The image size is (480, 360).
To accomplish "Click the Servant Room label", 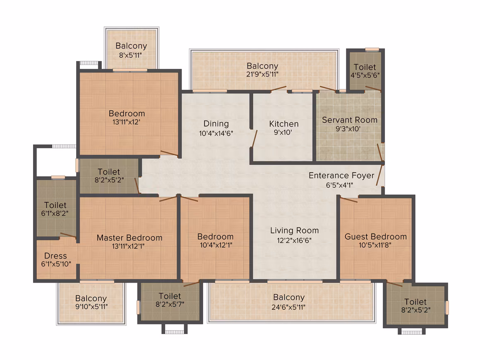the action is [350, 120].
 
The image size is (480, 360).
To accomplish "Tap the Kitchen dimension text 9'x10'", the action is [283, 132].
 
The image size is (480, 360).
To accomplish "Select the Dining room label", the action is [216, 124].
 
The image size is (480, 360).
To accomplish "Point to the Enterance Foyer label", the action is [341, 175].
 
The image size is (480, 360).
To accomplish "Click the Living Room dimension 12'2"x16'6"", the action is [294, 240].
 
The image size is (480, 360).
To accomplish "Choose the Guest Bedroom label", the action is [376, 237].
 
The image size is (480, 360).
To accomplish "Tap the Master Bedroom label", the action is [130, 238].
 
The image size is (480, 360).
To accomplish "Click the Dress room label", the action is [55, 256].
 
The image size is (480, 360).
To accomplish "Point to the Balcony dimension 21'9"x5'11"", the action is [262, 74].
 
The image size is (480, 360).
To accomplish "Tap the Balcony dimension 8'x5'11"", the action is [130, 55].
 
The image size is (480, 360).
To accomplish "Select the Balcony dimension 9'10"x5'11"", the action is [91, 307].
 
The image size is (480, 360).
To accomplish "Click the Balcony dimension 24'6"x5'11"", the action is [288, 307].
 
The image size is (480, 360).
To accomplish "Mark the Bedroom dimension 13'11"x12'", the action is [126, 122].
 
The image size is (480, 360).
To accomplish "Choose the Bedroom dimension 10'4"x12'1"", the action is [216, 245].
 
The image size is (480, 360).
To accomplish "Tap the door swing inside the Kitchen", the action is [254, 139].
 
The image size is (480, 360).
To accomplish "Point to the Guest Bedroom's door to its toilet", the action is [395, 283].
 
